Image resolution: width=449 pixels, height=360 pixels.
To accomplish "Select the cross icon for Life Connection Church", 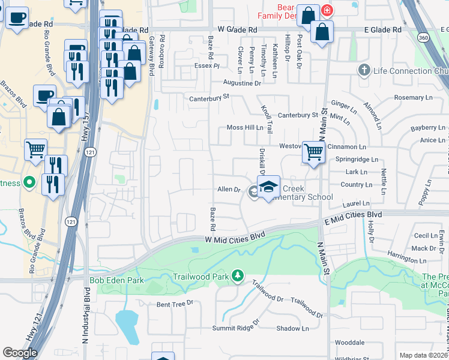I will [x=364, y=70].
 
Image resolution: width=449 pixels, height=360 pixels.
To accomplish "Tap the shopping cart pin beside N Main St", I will [x=313, y=152].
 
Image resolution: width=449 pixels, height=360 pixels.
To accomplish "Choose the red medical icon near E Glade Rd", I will [x=327, y=11].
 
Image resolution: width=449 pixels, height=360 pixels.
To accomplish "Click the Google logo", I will [x=20, y=353].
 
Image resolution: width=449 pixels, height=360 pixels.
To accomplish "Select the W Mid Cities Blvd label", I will [x=235, y=239].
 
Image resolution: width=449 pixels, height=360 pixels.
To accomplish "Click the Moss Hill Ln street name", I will [x=245, y=128].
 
